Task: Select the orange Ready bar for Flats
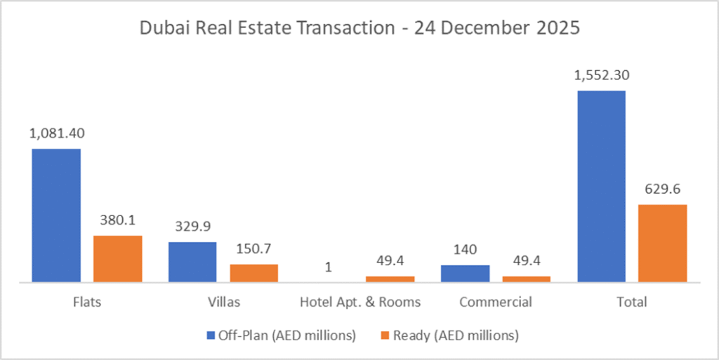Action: coord(117,259)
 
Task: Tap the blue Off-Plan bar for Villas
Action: coord(192,262)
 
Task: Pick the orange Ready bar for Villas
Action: coord(254,273)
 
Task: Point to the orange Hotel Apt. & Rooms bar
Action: coord(390,279)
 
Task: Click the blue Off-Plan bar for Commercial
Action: coord(465,274)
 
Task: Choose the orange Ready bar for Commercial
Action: coord(527,279)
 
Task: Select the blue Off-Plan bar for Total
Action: coord(601,186)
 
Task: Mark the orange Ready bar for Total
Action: coord(663,243)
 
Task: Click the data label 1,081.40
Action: coord(56,133)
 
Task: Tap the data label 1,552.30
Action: coord(601,75)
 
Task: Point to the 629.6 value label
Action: coord(663,189)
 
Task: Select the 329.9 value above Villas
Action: coord(192,227)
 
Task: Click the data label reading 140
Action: coord(465,251)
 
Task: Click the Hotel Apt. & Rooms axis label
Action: coord(360,302)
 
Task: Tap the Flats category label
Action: coord(86,302)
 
